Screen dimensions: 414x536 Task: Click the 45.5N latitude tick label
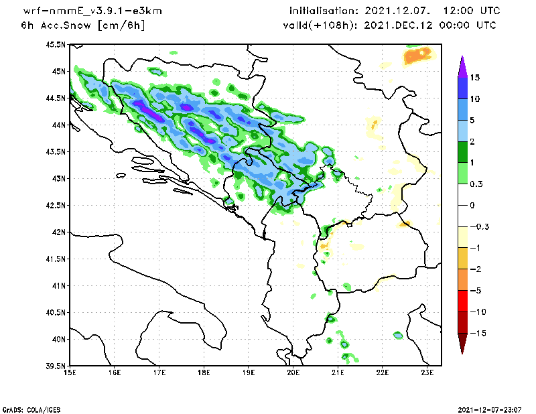click(x=56, y=44)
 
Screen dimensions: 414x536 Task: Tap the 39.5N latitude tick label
click(x=56, y=366)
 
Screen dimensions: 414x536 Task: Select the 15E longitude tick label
click(x=70, y=372)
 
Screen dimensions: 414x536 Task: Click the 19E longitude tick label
click(x=249, y=372)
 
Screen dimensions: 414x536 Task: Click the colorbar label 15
click(x=474, y=77)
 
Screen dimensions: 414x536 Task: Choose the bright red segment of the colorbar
click(x=462, y=301)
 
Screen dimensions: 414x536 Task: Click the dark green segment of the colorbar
click(x=462, y=152)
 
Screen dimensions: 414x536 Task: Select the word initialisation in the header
click(x=324, y=11)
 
